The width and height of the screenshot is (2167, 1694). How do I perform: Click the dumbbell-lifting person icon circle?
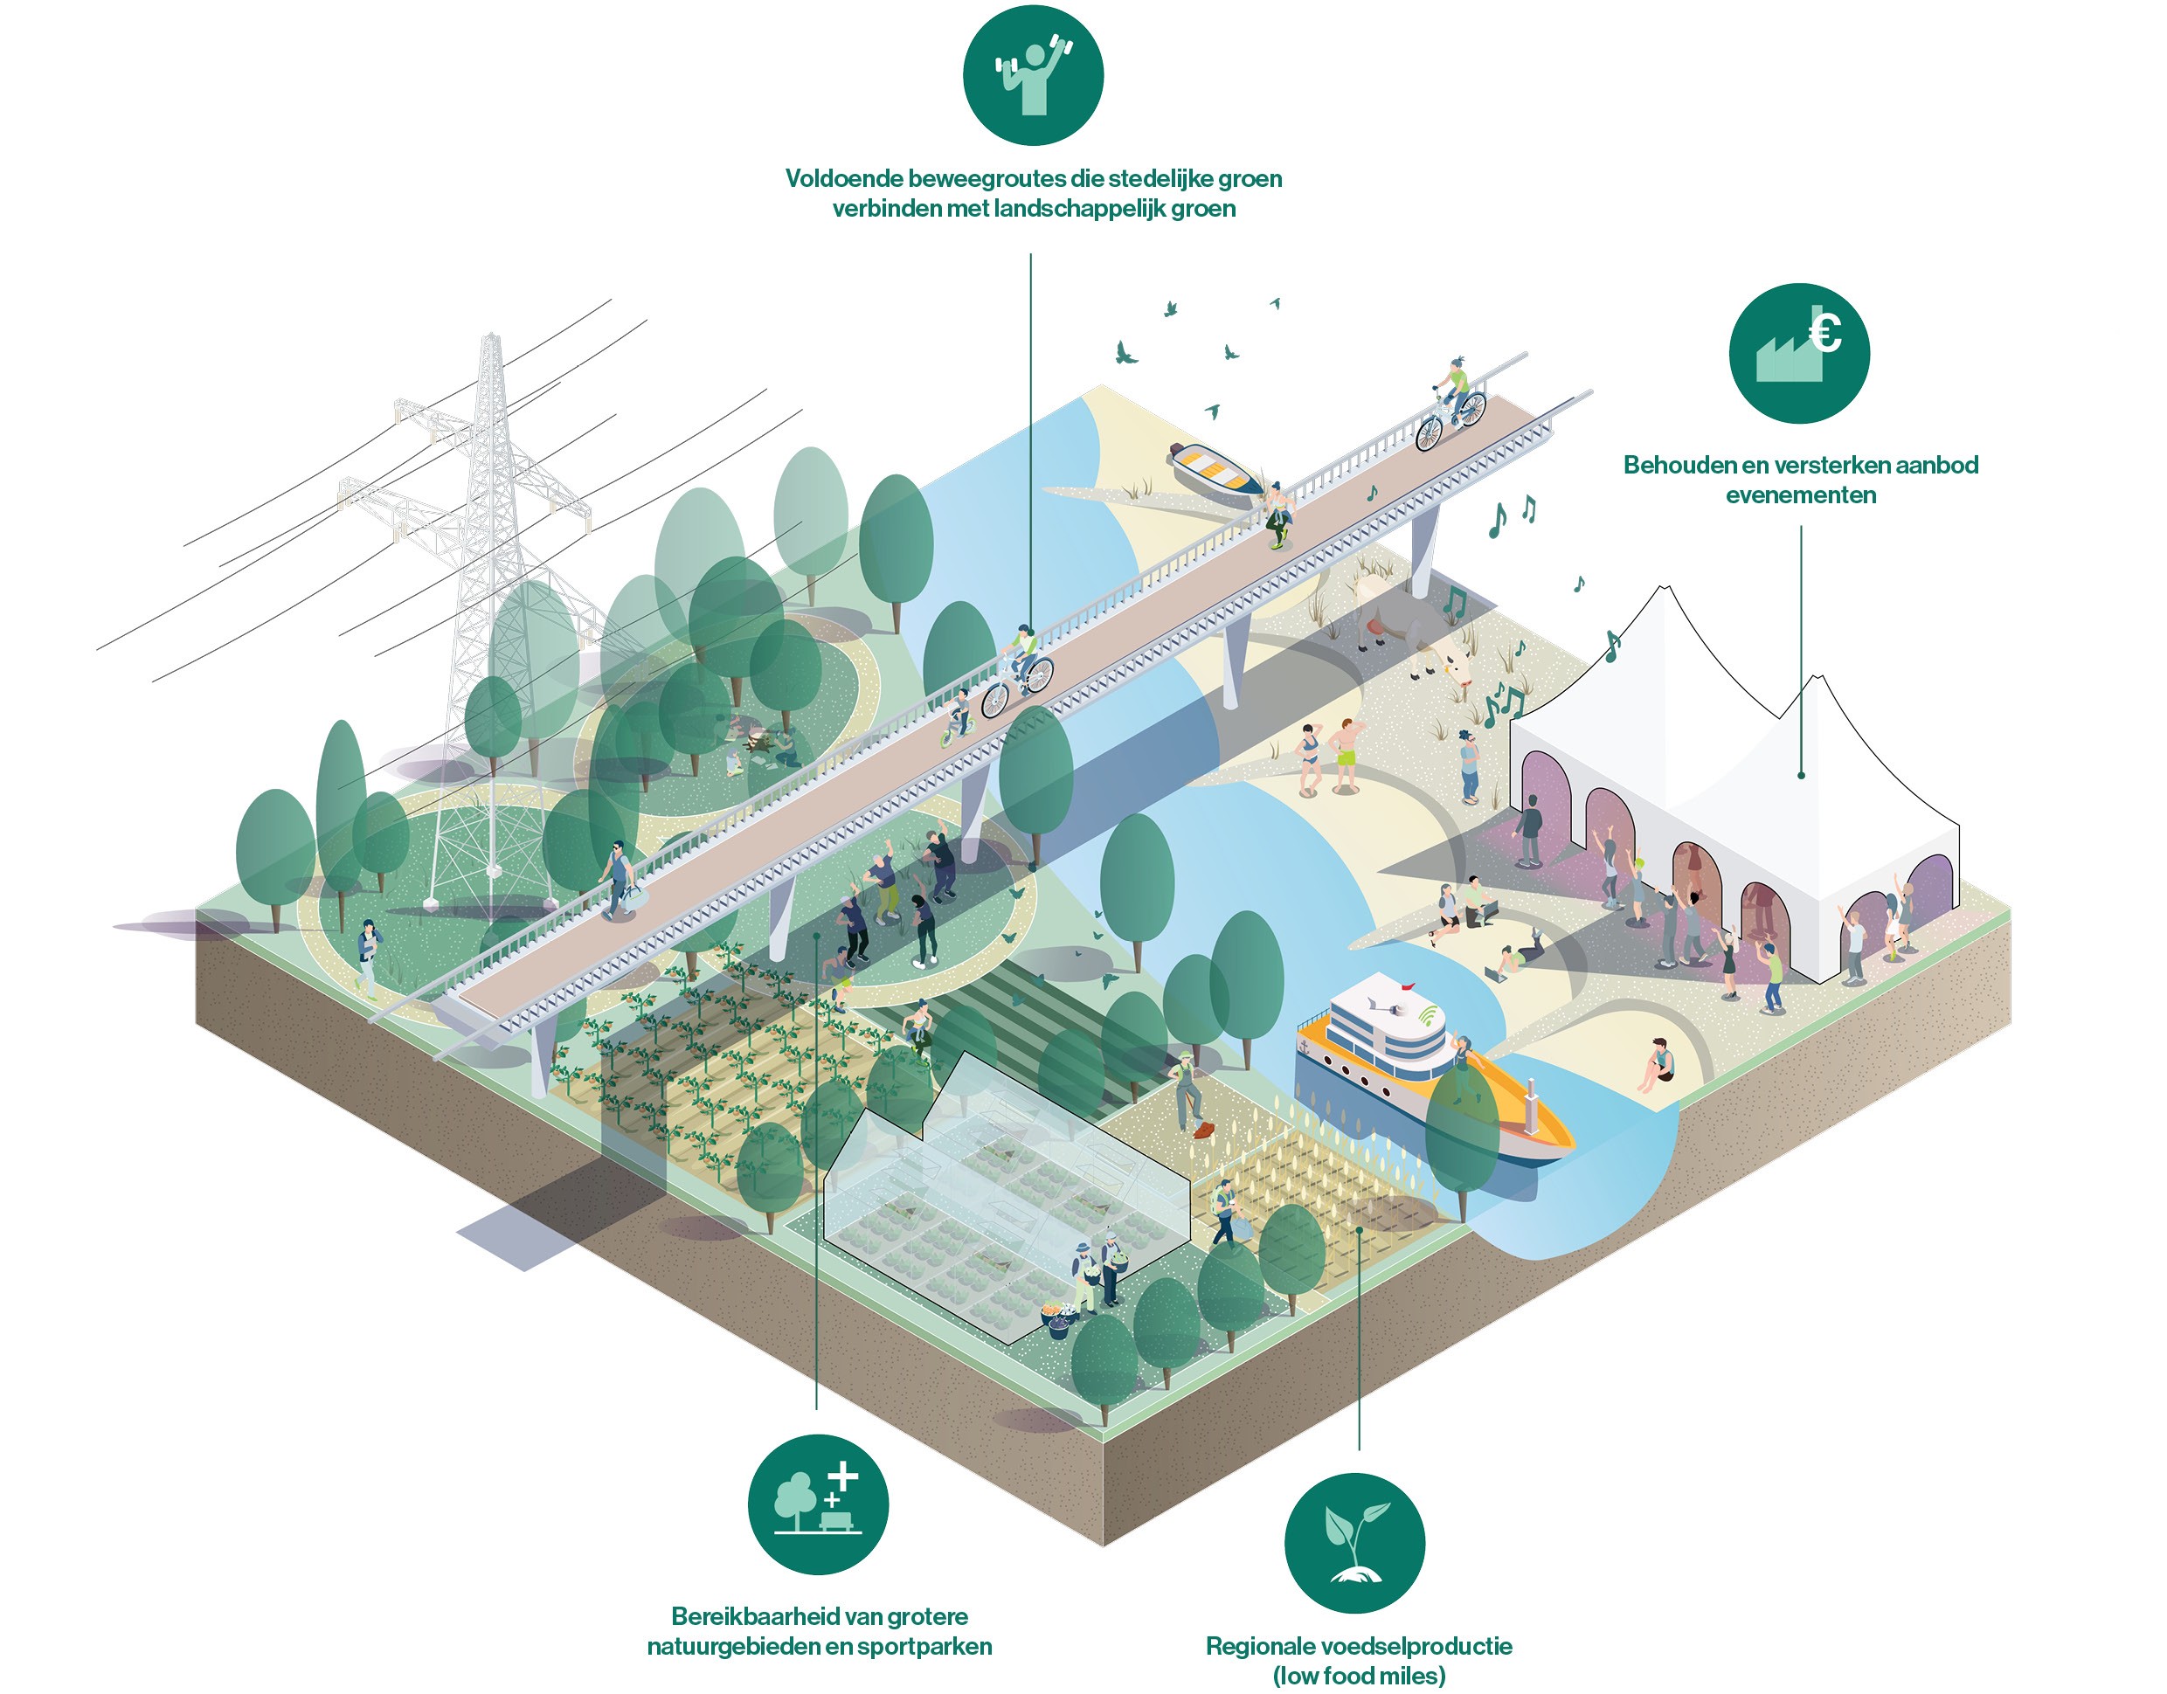(x=1032, y=75)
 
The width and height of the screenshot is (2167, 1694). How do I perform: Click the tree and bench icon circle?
(x=818, y=1504)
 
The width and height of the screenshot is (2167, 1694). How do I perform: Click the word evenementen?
(x=1800, y=494)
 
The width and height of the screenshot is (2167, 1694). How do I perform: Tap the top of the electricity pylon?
(x=490, y=342)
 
